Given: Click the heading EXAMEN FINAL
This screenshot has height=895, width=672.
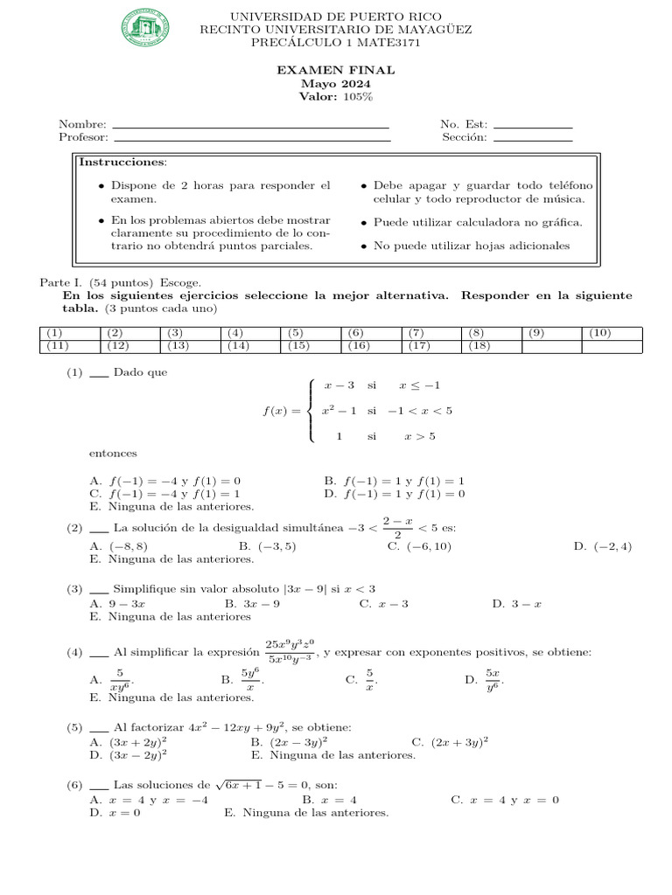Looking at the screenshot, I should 336,71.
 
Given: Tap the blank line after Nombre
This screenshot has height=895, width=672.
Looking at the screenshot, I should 251,126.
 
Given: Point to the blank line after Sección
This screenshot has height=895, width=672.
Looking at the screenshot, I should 532,138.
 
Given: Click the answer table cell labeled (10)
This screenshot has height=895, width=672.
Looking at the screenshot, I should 612,333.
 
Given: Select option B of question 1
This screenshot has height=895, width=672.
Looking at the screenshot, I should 394,481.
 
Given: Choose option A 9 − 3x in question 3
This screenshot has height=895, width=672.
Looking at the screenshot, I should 118,603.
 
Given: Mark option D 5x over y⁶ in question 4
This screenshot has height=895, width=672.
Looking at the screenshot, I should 485,679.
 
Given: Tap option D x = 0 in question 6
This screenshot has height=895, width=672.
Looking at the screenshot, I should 109,812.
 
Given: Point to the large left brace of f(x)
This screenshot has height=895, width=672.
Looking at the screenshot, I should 313,411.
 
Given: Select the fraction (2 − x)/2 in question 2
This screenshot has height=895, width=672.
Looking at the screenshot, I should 397,528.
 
